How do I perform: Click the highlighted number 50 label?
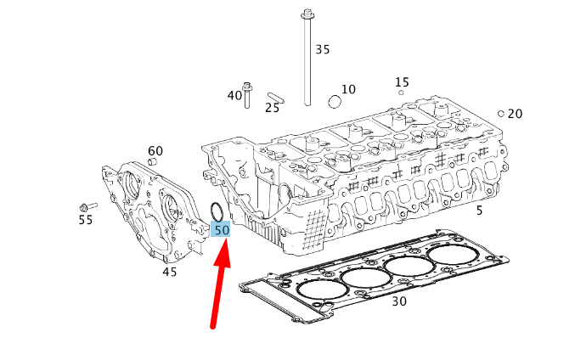point(221,229)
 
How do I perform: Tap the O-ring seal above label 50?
point(217,211)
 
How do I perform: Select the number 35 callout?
point(322,49)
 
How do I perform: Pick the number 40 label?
point(234,95)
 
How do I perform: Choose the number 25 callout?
point(272,108)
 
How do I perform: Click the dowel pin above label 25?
point(274,96)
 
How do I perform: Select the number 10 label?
point(348,89)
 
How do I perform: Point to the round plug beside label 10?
point(334,102)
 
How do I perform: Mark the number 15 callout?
point(402,82)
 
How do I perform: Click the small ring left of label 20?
point(501,113)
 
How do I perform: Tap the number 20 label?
point(515,114)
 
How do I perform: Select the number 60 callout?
point(155,150)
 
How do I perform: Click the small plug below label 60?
point(154,161)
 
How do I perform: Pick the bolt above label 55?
point(87,206)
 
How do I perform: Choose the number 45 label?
point(170,272)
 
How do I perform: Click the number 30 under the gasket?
point(399,301)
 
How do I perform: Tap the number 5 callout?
point(479,210)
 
